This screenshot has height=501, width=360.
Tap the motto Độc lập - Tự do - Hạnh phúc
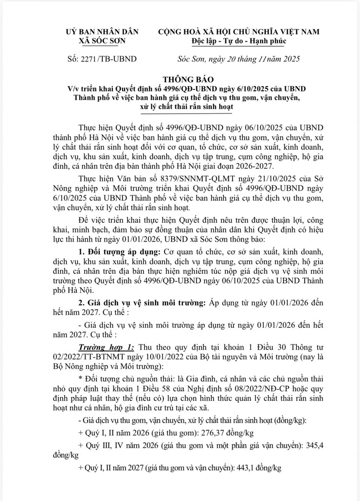coord(238,40)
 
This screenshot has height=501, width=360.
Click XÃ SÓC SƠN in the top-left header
coord(102,40)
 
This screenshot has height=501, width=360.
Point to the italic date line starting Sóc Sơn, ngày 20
coord(238,59)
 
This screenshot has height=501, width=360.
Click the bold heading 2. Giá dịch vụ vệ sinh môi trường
coord(141,302)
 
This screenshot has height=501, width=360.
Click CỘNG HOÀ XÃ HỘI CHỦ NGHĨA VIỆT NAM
coord(238,32)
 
